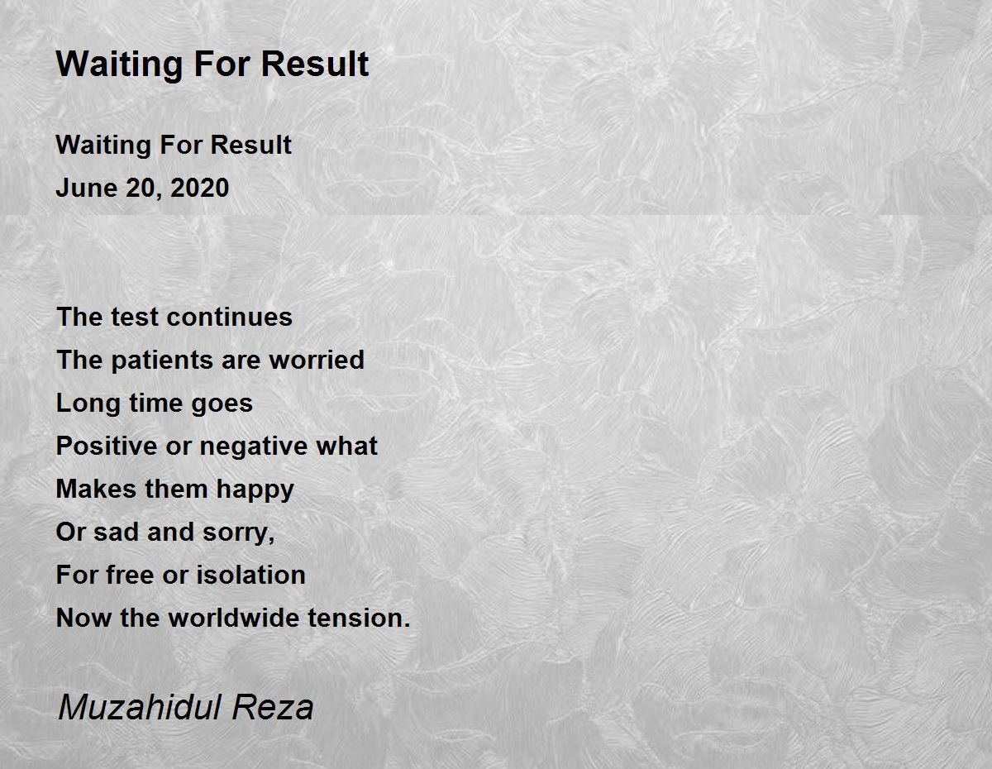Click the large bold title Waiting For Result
coord(212,64)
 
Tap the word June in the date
coord(85,189)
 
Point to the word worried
coord(317,361)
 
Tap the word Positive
coord(106,446)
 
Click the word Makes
coord(95,489)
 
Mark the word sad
coord(116,532)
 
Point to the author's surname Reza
coord(273,709)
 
